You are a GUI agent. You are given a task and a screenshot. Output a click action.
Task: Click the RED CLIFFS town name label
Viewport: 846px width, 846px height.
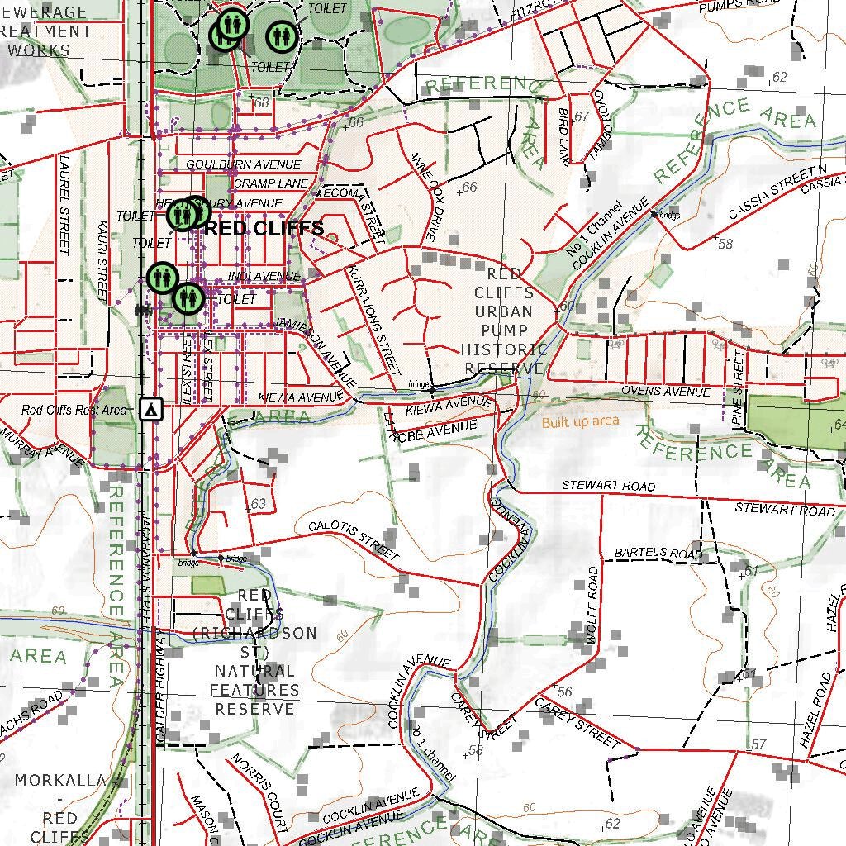[264, 229]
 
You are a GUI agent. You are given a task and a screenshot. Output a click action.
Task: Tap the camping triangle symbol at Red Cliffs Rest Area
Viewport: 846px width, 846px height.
[150, 409]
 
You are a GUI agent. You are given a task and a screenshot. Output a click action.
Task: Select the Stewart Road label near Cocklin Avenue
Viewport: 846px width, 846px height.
[609, 486]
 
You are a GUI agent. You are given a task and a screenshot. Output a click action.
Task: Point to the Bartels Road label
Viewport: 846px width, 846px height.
[658, 553]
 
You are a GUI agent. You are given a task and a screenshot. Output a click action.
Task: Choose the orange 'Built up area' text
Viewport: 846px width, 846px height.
[580, 422]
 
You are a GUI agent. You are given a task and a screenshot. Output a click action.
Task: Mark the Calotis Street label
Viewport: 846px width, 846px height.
[354, 540]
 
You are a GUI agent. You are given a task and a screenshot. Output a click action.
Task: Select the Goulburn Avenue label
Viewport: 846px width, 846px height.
[243, 164]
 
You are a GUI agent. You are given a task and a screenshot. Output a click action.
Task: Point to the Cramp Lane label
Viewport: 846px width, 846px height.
[271, 183]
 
